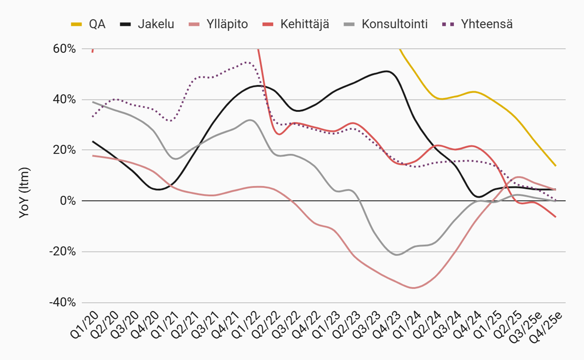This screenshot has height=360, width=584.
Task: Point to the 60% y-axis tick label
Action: click(64, 49)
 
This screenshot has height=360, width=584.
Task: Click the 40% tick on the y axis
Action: click(64, 100)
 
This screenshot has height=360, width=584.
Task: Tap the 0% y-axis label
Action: click(68, 201)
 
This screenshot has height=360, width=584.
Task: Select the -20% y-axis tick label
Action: click(62, 252)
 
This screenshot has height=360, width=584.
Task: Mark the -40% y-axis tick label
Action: click(62, 302)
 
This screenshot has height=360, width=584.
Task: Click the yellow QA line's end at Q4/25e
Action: click(556, 166)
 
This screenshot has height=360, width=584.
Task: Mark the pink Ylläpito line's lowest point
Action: click(414, 288)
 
